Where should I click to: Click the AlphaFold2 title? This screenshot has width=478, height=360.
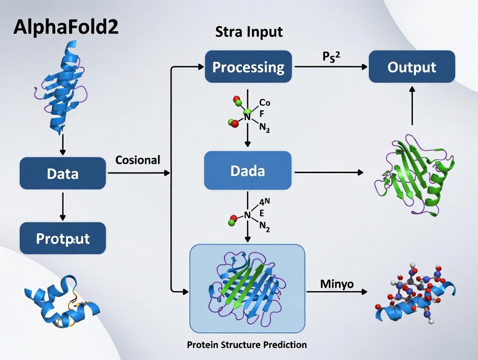pyautogui.click(x=66, y=27)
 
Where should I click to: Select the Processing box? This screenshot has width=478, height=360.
pyautogui.click(x=248, y=67)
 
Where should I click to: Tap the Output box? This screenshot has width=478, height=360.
pyautogui.click(x=412, y=67)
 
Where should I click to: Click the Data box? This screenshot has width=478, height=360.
pyautogui.click(x=63, y=174)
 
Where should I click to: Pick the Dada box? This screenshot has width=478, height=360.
pyautogui.click(x=248, y=170)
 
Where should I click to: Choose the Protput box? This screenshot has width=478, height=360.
pyautogui.click(x=63, y=238)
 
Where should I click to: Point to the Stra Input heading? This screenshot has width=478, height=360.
pyautogui.click(x=249, y=32)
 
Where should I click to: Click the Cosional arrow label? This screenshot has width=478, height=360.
pyautogui.click(x=138, y=160)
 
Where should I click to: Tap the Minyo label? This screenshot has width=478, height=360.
pyautogui.click(x=337, y=284)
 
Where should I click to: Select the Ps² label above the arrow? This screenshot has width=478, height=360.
pyautogui.click(x=330, y=58)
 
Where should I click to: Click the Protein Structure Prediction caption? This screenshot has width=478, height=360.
pyautogui.click(x=247, y=345)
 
